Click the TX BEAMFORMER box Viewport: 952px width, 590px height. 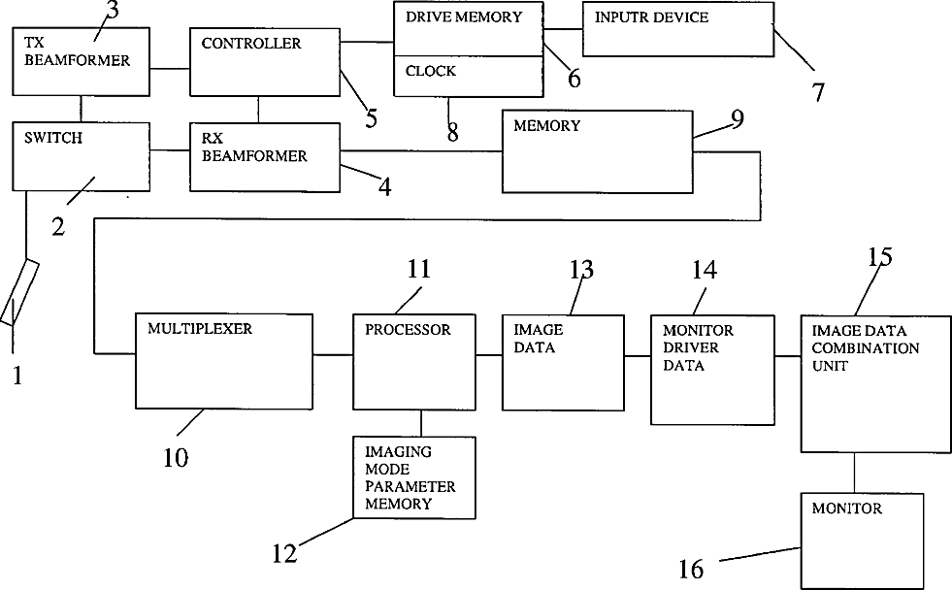click(82, 61)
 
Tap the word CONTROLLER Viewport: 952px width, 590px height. click(251, 44)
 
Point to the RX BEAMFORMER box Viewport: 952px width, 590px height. click(265, 155)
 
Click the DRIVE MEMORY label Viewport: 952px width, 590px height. click(464, 16)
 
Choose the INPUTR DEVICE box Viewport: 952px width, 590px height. click(677, 28)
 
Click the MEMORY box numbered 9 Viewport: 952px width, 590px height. click(596, 152)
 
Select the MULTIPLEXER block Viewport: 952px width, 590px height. click(224, 361)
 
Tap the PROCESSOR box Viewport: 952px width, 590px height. click(414, 361)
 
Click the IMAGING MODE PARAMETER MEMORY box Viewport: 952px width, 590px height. click(414, 477)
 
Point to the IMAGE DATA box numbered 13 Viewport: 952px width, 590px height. click(561, 361)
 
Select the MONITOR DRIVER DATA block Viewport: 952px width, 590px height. click(711, 369)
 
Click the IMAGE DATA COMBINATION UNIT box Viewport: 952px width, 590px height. click(865, 383)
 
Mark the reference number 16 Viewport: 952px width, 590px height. click(690, 569)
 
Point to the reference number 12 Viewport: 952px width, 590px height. click(284, 554)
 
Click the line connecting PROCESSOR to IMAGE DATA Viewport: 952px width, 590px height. click(489, 356)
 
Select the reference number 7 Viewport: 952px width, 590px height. click(818, 92)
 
